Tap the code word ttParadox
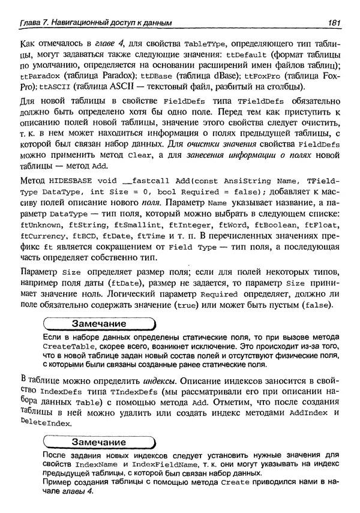[40, 77]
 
